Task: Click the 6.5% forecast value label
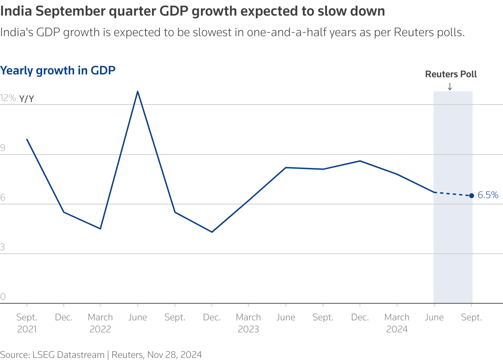pos(488,195)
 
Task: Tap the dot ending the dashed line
pos(471,196)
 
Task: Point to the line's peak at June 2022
pos(137,91)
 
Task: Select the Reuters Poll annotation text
pos(451,74)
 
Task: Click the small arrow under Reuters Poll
pos(450,86)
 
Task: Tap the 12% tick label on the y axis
pos(8,98)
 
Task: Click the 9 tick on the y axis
pos(3,148)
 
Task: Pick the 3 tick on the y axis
pos(3,247)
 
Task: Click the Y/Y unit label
pos(27,99)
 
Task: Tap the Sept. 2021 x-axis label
pos(27,323)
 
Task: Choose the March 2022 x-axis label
pos(101,323)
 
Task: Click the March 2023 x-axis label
pos(248,323)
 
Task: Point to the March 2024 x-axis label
pos(397,323)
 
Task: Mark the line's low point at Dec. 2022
pos(212,232)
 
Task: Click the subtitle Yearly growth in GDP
pos(58,71)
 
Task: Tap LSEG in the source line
pos(44,355)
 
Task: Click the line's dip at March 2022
pos(101,229)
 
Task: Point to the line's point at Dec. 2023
pos(360,161)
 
